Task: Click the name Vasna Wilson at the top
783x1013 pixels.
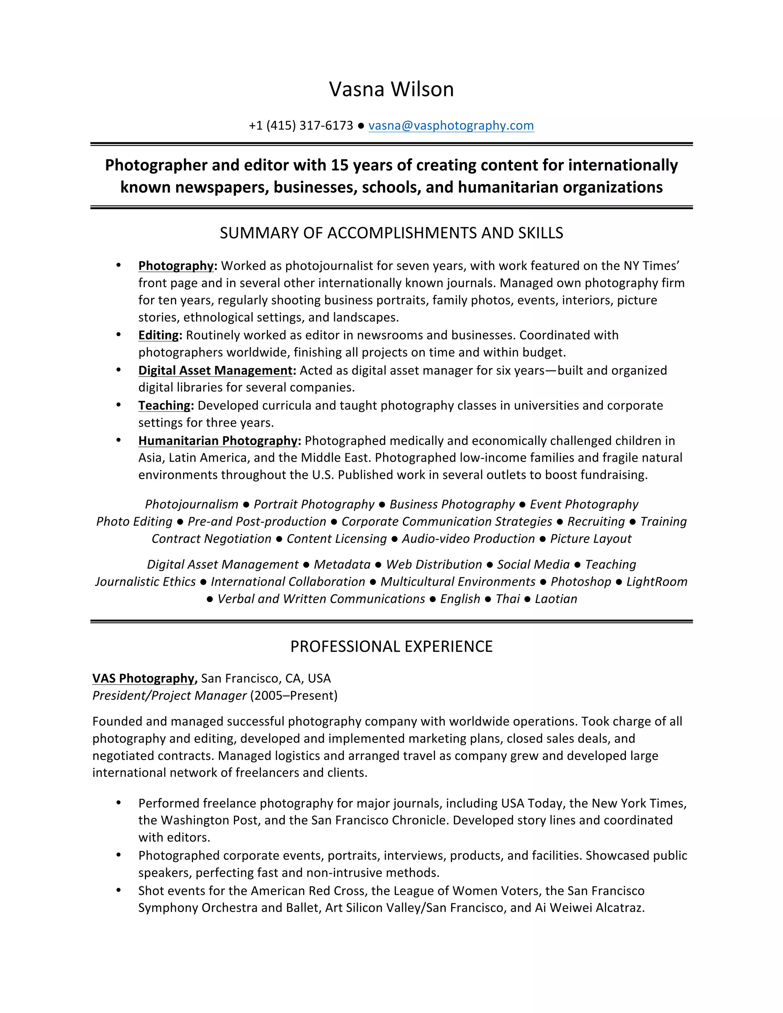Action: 391,89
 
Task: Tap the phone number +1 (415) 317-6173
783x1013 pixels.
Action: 301,126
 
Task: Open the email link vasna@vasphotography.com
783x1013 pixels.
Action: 451,126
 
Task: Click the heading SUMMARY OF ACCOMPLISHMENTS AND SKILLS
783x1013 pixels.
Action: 391,233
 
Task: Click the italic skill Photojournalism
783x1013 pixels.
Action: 192,504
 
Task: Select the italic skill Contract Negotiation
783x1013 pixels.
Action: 211,539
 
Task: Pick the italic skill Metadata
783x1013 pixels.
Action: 342,565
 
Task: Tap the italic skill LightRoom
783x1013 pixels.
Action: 657,582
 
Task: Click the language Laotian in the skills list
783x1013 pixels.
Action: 556,599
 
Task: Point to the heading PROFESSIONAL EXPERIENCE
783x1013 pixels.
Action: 391,646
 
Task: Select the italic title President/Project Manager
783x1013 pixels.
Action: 169,696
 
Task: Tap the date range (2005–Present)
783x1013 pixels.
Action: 294,696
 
